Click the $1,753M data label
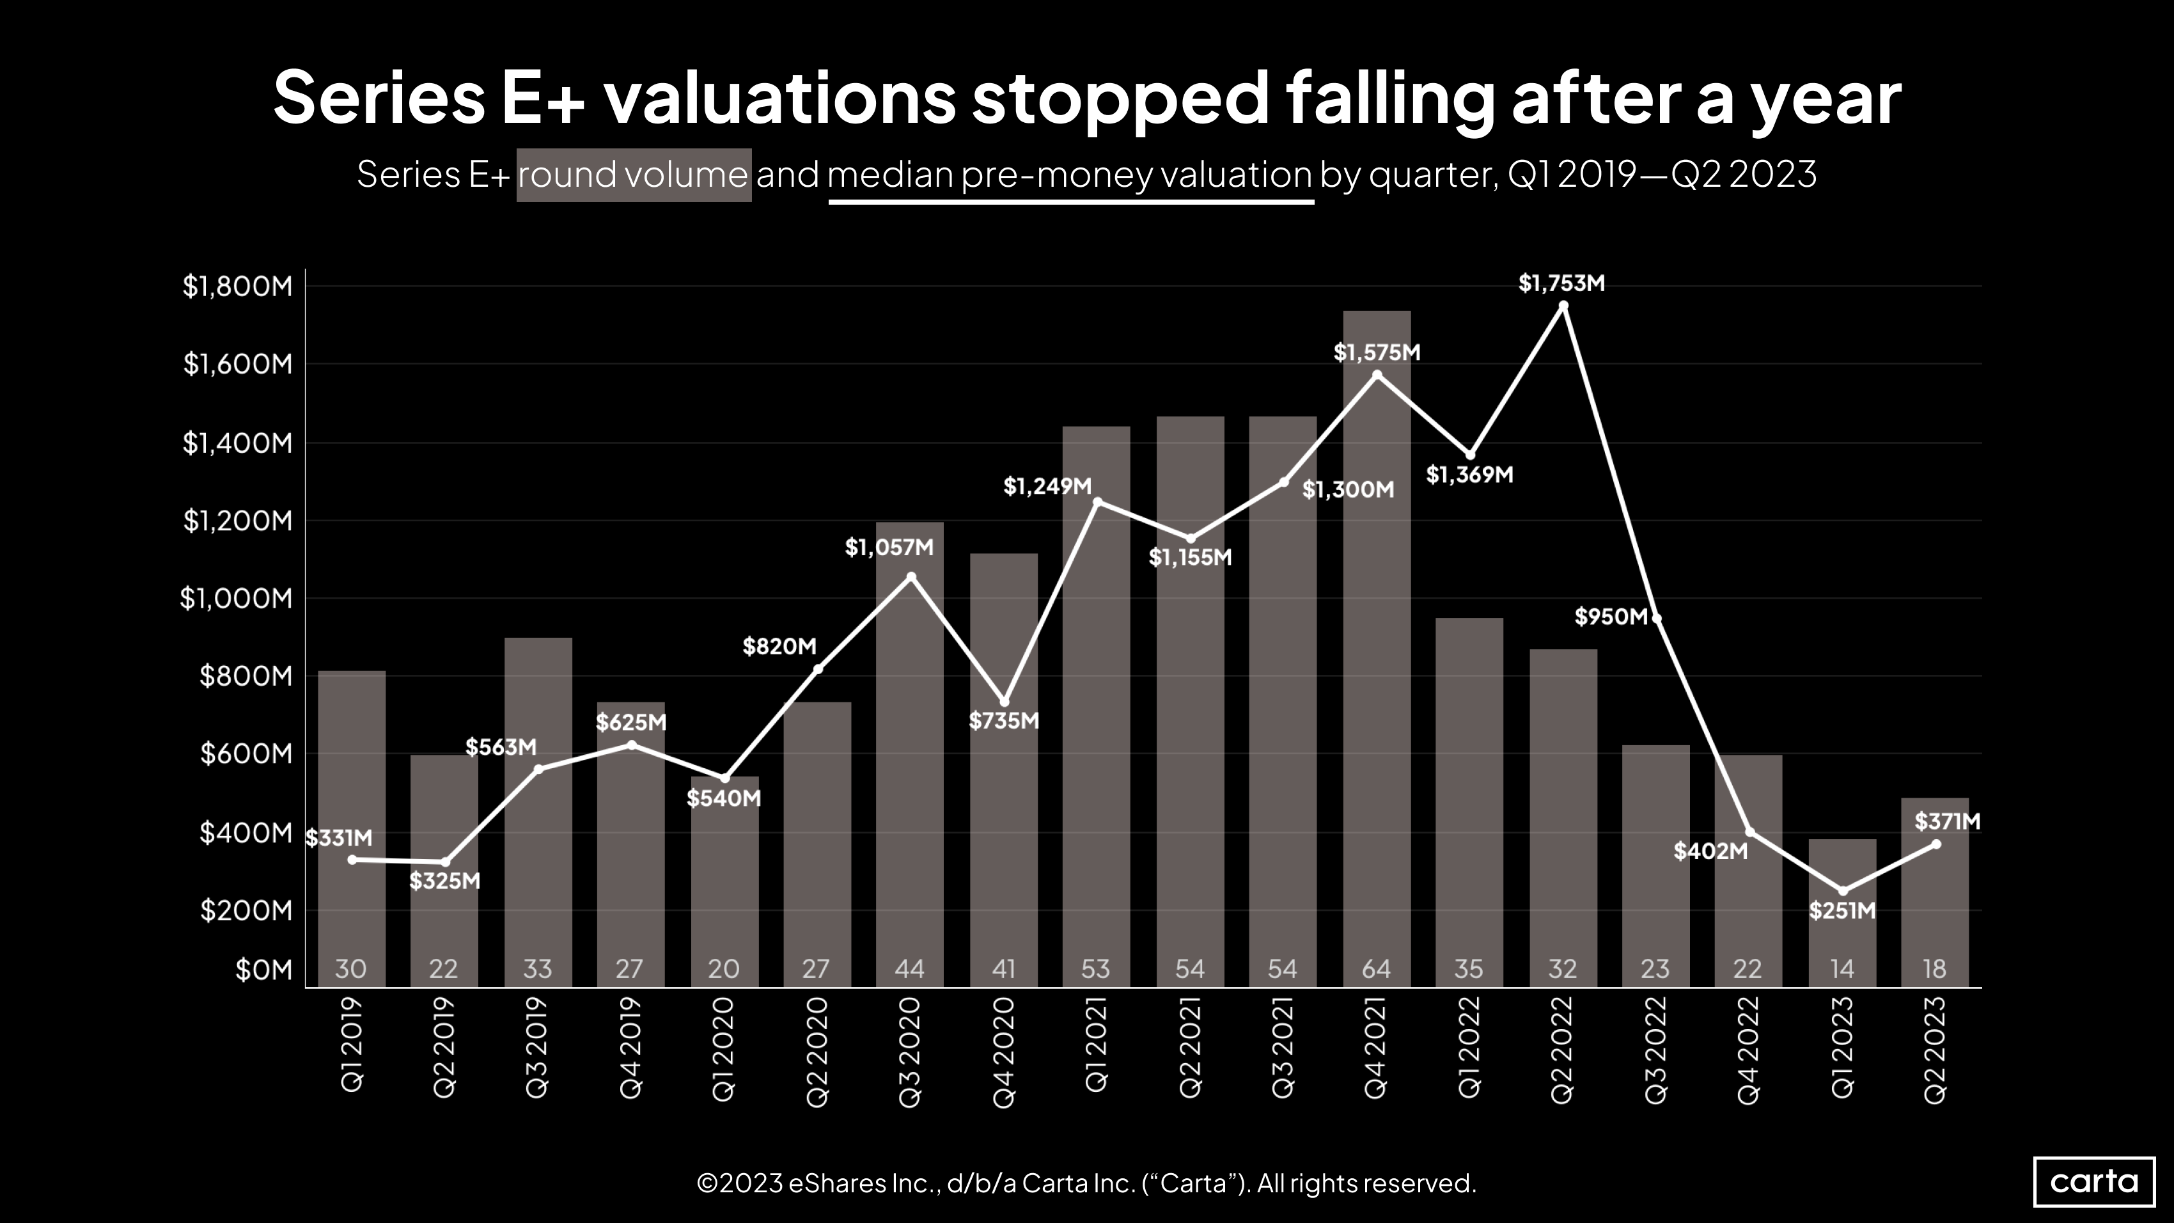pyautogui.click(x=1561, y=283)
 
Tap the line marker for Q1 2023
pyautogui.click(x=1842, y=891)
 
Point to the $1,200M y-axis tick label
pyautogui.click(x=237, y=521)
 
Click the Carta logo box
pyautogui.click(x=2094, y=1181)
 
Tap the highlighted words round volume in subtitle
pyautogui.click(x=633, y=175)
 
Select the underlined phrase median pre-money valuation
pyautogui.click(x=1070, y=175)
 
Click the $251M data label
pyautogui.click(x=1842, y=911)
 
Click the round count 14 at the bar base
pyautogui.click(x=1842, y=969)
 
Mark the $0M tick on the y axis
pyautogui.click(x=263, y=970)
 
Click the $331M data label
pyautogui.click(x=338, y=838)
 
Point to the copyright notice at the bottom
pyautogui.click(x=1086, y=1183)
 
